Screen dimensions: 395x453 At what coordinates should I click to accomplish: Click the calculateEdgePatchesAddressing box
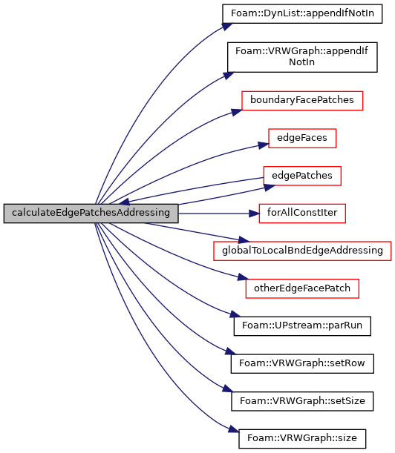[x=91, y=214]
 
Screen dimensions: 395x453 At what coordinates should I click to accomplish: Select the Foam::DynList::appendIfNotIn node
[x=302, y=14]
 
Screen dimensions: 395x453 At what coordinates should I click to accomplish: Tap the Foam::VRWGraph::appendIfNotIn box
[x=302, y=57]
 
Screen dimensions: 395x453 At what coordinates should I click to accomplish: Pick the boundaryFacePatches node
[x=302, y=101]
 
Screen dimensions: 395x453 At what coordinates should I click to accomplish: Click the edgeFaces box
[x=302, y=138]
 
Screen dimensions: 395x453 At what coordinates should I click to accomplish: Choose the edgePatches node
[x=302, y=176]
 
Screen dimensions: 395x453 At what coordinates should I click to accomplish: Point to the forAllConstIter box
[x=302, y=214]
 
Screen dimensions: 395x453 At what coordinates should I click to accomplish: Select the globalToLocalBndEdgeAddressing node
[x=302, y=251]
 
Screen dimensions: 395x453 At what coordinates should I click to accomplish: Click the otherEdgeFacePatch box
[x=302, y=288]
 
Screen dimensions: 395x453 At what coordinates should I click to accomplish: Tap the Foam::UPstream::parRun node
[x=302, y=326]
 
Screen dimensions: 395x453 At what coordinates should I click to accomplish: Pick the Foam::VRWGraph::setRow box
[x=302, y=364]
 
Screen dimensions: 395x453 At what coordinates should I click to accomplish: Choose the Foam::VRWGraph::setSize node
[x=302, y=401]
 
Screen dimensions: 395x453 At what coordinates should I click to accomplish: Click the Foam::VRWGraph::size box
[x=302, y=439]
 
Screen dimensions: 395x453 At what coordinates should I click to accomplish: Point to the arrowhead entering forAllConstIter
[x=254, y=214]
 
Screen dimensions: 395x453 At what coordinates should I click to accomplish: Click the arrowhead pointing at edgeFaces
[x=264, y=145]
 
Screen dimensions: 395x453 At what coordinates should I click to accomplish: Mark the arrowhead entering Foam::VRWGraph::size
[x=234, y=429]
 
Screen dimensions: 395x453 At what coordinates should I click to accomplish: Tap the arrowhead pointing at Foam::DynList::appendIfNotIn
[x=227, y=26]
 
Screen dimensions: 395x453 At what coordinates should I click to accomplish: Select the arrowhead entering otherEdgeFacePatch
[x=243, y=277]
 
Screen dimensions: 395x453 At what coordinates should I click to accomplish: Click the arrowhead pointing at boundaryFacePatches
[x=237, y=112]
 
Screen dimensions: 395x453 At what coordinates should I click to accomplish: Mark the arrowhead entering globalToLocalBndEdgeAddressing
[x=244, y=239]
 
